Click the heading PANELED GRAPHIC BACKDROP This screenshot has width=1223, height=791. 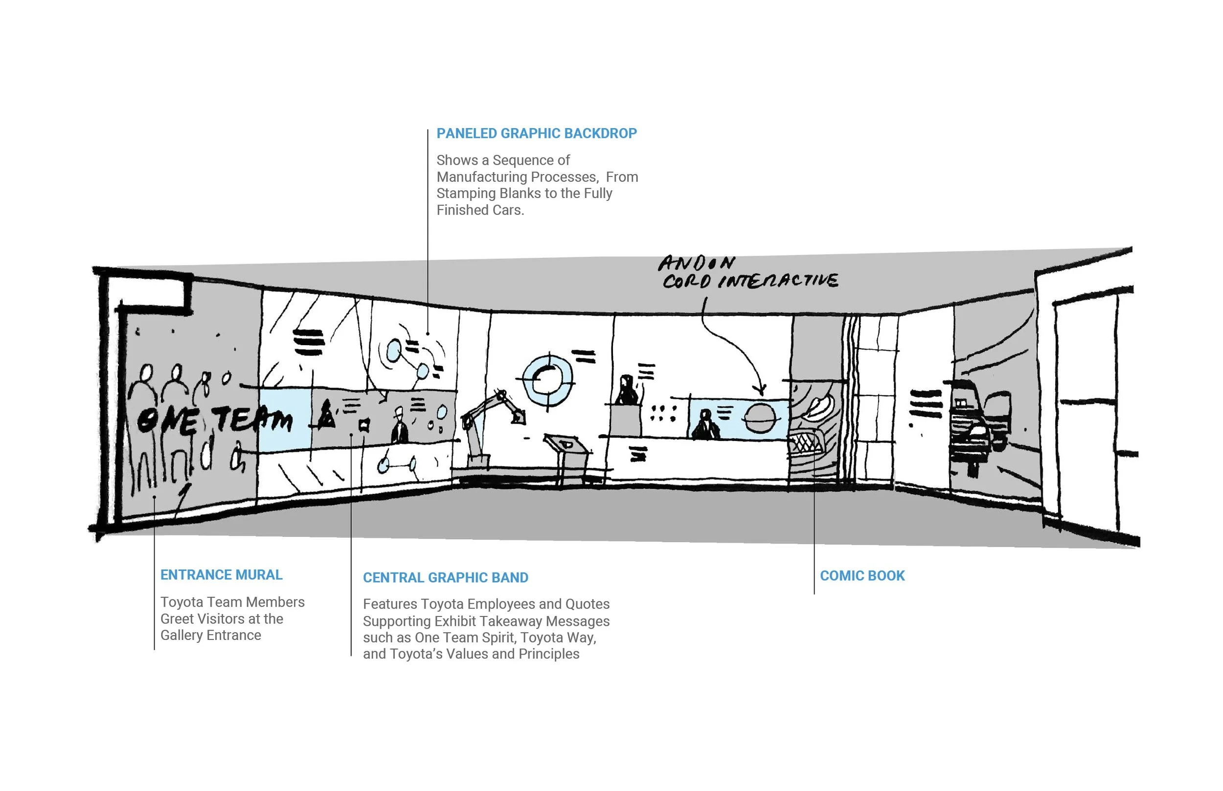537,133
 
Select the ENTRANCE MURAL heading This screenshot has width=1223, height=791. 221,575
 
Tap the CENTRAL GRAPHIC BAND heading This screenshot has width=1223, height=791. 445,578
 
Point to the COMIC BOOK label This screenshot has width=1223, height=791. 862,576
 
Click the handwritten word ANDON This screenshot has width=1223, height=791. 696,264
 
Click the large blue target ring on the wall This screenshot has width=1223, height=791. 548,379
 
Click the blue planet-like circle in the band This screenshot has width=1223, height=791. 760,418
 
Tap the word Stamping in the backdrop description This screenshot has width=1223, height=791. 461,194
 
